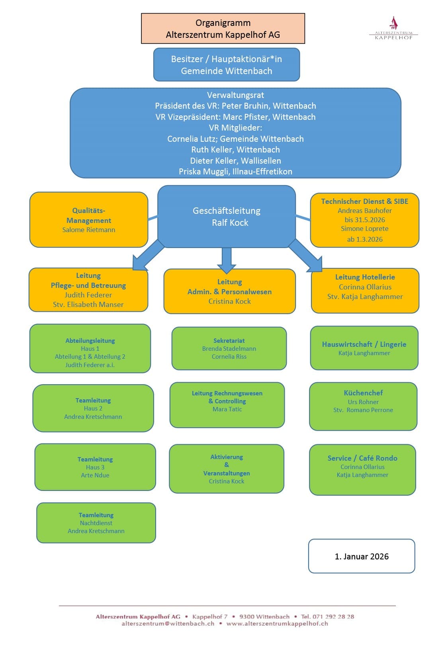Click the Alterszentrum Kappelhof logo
[393, 28]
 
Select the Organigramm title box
[223, 29]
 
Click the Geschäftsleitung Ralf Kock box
[227, 216]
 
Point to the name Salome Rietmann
[89, 230]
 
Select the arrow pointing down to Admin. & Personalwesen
[227, 260]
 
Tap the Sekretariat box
[229, 348]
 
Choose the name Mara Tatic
[227, 409]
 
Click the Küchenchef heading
[363, 393]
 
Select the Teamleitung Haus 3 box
[95, 467]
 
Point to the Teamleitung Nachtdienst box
[96, 523]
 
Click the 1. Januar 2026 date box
[362, 556]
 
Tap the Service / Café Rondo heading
[362, 458]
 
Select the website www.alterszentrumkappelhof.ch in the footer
[277, 624]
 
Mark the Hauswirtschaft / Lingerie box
[364, 348]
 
